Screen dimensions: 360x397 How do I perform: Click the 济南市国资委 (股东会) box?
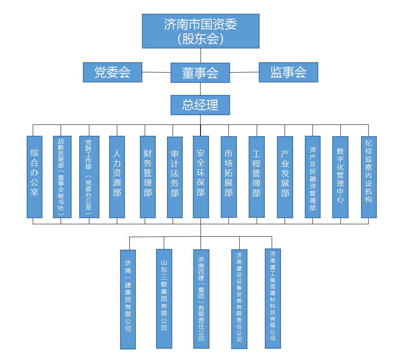[201, 31]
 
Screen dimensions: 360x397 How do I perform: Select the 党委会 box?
[112, 72]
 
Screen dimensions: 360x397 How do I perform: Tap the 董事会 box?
[200, 73]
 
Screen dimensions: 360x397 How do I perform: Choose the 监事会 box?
[288, 72]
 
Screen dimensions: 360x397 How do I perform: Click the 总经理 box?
[200, 105]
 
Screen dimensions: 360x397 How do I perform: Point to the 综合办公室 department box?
[34, 177]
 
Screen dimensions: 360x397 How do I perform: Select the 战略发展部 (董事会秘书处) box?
[62, 177]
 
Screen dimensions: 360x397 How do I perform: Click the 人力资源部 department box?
[117, 177]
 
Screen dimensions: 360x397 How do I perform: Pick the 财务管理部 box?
[148, 177]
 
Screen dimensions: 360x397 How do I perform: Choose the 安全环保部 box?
[201, 177]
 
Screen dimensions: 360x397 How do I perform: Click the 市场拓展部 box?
[228, 177]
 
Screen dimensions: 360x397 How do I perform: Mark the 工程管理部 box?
[256, 177]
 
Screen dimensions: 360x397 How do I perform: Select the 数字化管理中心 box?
[340, 177]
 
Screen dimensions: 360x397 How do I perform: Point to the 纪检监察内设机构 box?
[368, 177]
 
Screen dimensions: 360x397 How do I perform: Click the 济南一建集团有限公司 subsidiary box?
[128, 299]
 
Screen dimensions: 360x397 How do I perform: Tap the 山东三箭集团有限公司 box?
[164, 299]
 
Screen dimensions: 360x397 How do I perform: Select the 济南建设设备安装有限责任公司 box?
[239, 299]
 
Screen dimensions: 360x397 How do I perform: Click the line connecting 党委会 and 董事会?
[156, 72]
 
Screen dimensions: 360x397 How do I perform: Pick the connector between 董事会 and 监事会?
[244, 72]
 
